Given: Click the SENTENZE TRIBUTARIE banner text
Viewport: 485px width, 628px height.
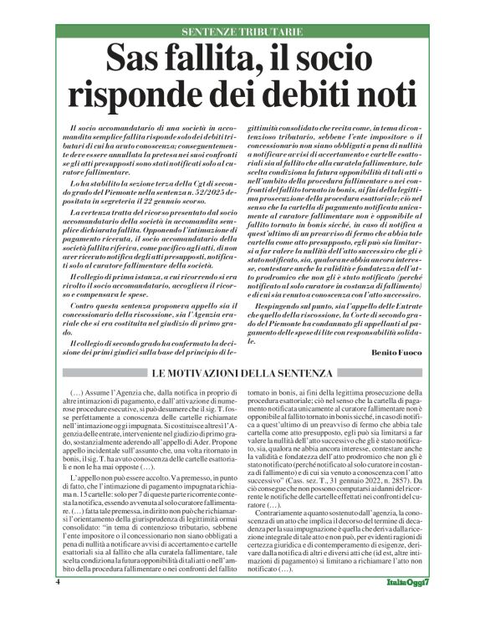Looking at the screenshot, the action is [x=242, y=32].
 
